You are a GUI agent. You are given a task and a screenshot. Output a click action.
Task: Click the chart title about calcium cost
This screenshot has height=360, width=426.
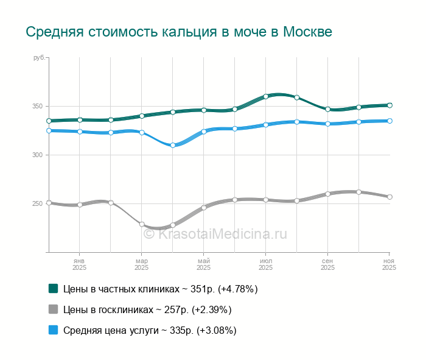(179, 32)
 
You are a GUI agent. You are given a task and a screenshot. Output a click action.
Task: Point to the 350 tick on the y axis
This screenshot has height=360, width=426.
(37, 107)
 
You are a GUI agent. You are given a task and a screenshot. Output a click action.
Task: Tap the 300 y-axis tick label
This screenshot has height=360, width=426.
(37, 155)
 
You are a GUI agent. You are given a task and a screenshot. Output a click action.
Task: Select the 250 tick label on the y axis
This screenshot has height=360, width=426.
(37, 203)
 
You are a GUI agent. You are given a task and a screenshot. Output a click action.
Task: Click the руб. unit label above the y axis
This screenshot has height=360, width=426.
(39, 57)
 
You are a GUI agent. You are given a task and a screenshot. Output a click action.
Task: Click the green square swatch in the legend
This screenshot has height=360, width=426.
(53, 289)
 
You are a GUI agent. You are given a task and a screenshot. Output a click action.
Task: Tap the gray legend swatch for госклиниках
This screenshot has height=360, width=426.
(53, 309)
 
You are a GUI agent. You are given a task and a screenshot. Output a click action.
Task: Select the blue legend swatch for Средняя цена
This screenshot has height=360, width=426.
(53, 330)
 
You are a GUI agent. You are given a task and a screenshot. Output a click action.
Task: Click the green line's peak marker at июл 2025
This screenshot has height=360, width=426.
(266, 96)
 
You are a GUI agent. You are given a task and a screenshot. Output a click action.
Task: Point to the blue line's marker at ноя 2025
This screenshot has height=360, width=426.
(389, 121)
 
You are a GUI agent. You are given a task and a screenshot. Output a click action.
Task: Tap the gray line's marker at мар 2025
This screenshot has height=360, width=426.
(142, 224)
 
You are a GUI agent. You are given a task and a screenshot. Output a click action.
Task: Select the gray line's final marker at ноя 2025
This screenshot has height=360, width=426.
(389, 197)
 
